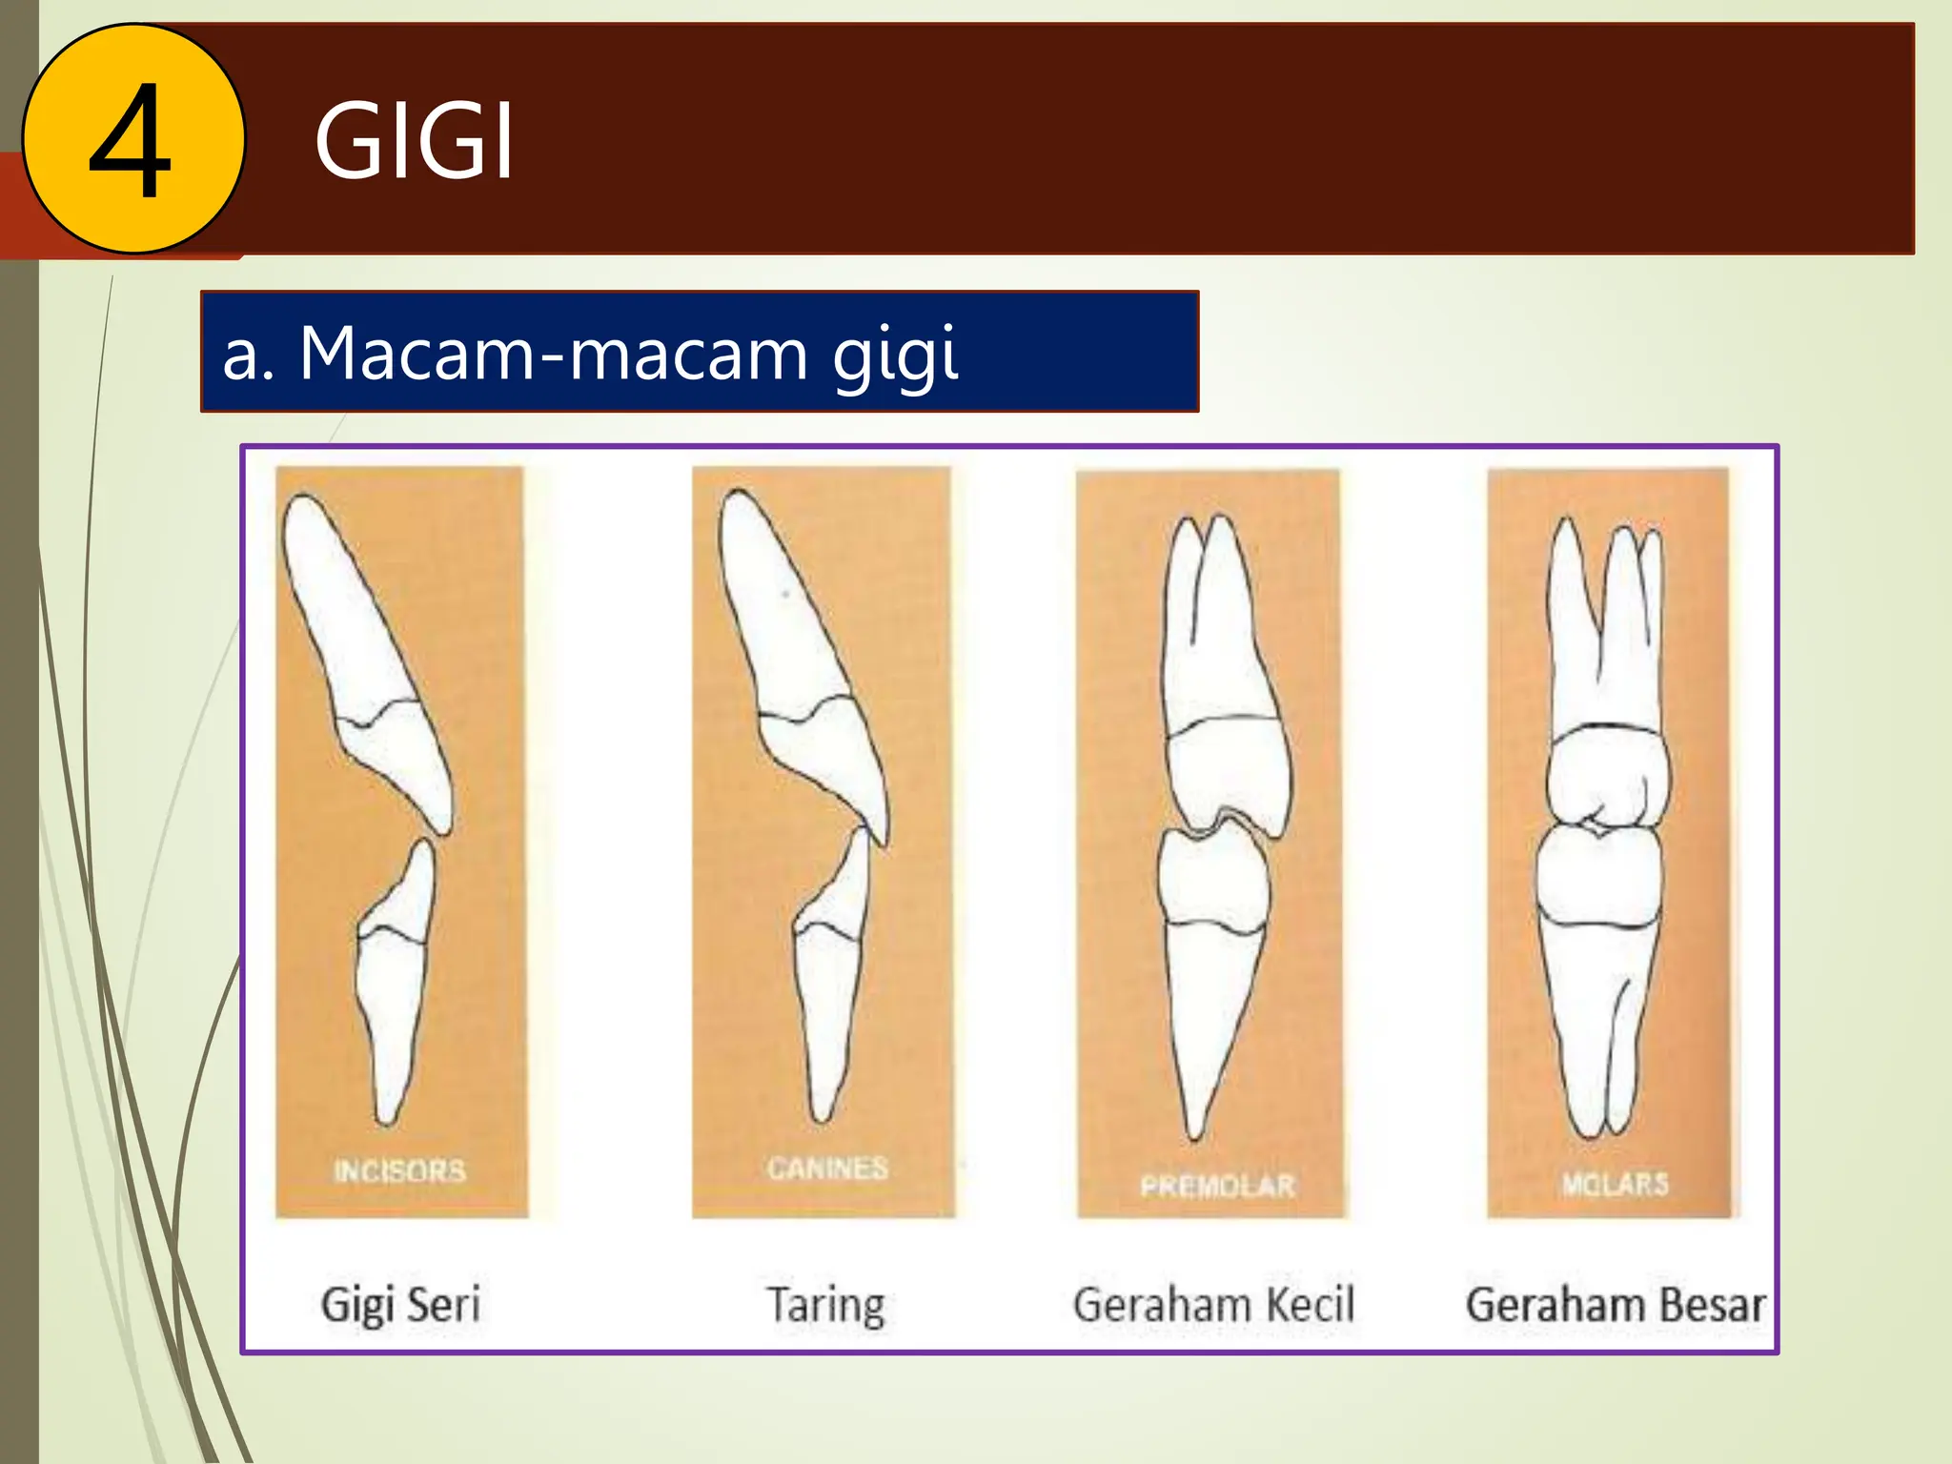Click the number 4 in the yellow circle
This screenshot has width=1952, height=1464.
tap(131, 140)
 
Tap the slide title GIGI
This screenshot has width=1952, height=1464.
tap(415, 142)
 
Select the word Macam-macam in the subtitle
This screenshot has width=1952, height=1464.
tap(554, 354)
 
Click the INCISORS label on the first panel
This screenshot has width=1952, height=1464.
tap(400, 1170)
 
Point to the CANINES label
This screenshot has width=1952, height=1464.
tap(827, 1168)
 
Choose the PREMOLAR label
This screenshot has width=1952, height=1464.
tap(1217, 1186)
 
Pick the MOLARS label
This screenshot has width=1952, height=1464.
tap(1615, 1184)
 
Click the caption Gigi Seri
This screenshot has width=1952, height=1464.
tap(400, 1305)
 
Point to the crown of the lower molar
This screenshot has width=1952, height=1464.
tap(1599, 877)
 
